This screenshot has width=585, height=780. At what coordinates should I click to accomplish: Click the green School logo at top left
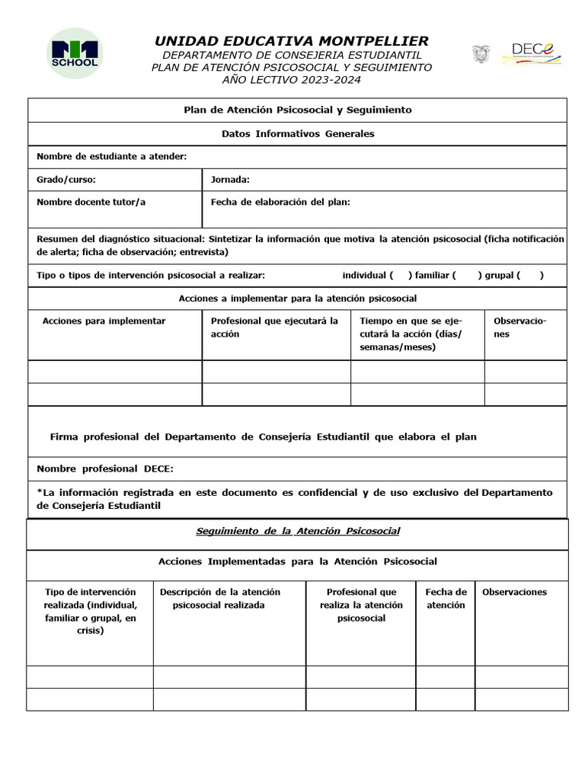click(74, 53)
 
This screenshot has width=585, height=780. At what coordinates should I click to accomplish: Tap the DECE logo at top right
click(532, 53)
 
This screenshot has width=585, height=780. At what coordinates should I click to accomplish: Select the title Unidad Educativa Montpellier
click(292, 41)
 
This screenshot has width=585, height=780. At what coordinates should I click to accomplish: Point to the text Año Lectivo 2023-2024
click(292, 80)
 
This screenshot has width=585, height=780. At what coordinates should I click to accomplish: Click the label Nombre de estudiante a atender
click(111, 157)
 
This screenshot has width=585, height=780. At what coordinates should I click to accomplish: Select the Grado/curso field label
click(66, 180)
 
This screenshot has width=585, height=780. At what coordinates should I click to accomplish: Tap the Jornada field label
click(230, 180)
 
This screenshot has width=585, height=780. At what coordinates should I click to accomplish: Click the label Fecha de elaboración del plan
click(280, 202)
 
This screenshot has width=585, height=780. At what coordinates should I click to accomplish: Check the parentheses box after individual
click(401, 276)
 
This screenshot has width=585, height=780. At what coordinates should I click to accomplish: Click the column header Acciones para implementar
click(104, 321)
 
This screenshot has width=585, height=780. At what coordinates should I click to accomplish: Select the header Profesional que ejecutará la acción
click(274, 328)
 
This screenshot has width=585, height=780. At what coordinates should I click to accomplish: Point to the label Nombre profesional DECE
click(105, 468)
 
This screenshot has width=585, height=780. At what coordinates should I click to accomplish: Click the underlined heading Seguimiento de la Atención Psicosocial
click(298, 531)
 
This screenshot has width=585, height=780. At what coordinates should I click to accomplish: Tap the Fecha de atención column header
click(446, 599)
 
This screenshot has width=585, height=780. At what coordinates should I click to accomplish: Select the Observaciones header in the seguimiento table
click(514, 592)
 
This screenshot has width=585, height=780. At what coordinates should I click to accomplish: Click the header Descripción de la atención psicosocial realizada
click(219, 599)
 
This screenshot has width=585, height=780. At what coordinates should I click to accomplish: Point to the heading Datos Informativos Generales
click(298, 134)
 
